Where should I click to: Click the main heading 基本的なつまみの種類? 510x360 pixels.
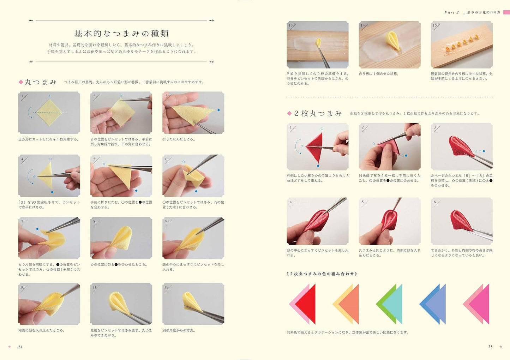[x=121, y=34]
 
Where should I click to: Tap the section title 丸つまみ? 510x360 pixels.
[x=40, y=82]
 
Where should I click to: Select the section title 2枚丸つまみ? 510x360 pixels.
[x=318, y=113]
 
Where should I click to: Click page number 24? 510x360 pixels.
[x=20, y=347]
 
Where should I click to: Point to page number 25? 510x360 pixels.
[x=490, y=347]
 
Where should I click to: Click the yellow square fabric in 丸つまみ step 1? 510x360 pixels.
[x=49, y=112]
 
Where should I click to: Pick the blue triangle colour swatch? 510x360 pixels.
[x=434, y=304]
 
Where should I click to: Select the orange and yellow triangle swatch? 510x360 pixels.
[x=348, y=304]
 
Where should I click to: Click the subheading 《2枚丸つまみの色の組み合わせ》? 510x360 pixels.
[x=322, y=274]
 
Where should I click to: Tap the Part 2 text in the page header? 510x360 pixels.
[x=451, y=12]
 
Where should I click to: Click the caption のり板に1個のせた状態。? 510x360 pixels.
[x=378, y=74]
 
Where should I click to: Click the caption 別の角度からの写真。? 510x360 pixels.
[x=179, y=331]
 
